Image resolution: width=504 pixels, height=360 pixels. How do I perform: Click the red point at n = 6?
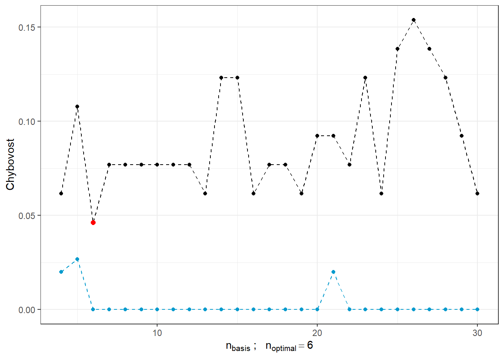coord(93,222)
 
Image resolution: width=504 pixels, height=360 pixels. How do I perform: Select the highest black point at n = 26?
coord(413,20)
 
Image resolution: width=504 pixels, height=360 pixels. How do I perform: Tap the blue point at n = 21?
coord(333,272)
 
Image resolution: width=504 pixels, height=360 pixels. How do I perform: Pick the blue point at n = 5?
coord(77,259)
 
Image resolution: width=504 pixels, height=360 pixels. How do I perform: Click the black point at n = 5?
coord(77,106)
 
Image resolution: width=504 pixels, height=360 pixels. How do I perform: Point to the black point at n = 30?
coord(477,193)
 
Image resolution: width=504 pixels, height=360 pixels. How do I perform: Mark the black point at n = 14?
coord(221,78)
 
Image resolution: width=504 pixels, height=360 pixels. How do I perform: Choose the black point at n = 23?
coord(365,78)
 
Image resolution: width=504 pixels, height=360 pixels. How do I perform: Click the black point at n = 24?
coord(381,193)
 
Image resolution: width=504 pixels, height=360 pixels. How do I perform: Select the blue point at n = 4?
coord(61,272)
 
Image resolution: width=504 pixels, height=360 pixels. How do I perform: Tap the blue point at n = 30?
coord(477,309)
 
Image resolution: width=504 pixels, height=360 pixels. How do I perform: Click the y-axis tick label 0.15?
coord(27,27)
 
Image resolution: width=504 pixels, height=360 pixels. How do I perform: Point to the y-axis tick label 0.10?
coord(27,121)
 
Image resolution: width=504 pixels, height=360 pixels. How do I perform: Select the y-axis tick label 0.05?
coord(27,216)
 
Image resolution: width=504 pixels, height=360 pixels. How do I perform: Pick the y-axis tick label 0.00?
coord(27,310)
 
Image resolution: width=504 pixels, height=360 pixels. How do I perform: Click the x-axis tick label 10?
coord(157,333)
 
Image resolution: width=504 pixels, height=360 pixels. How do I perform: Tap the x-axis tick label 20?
coord(317,333)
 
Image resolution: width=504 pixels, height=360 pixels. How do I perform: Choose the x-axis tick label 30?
coord(477,333)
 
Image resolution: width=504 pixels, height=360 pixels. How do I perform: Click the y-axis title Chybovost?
coord(10,164)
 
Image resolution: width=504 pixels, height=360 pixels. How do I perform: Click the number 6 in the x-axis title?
coord(310,345)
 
